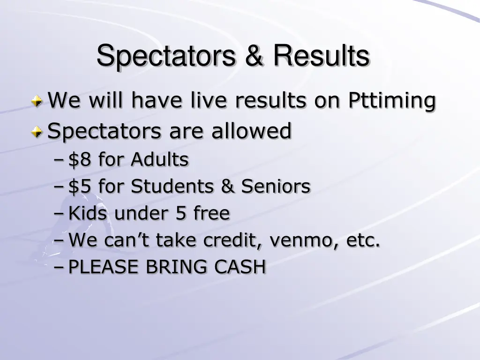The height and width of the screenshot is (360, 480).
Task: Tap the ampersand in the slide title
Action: [255, 56]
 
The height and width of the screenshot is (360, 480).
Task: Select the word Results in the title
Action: [321, 56]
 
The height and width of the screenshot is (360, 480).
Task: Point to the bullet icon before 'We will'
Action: [37, 100]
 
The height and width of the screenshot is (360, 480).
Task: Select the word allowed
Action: [251, 131]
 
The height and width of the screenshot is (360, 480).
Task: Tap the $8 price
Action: [81, 160]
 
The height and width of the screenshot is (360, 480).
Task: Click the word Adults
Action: [159, 160]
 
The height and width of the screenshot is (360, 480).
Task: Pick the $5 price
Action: [81, 187]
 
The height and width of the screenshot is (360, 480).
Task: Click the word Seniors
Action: [276, 187]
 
